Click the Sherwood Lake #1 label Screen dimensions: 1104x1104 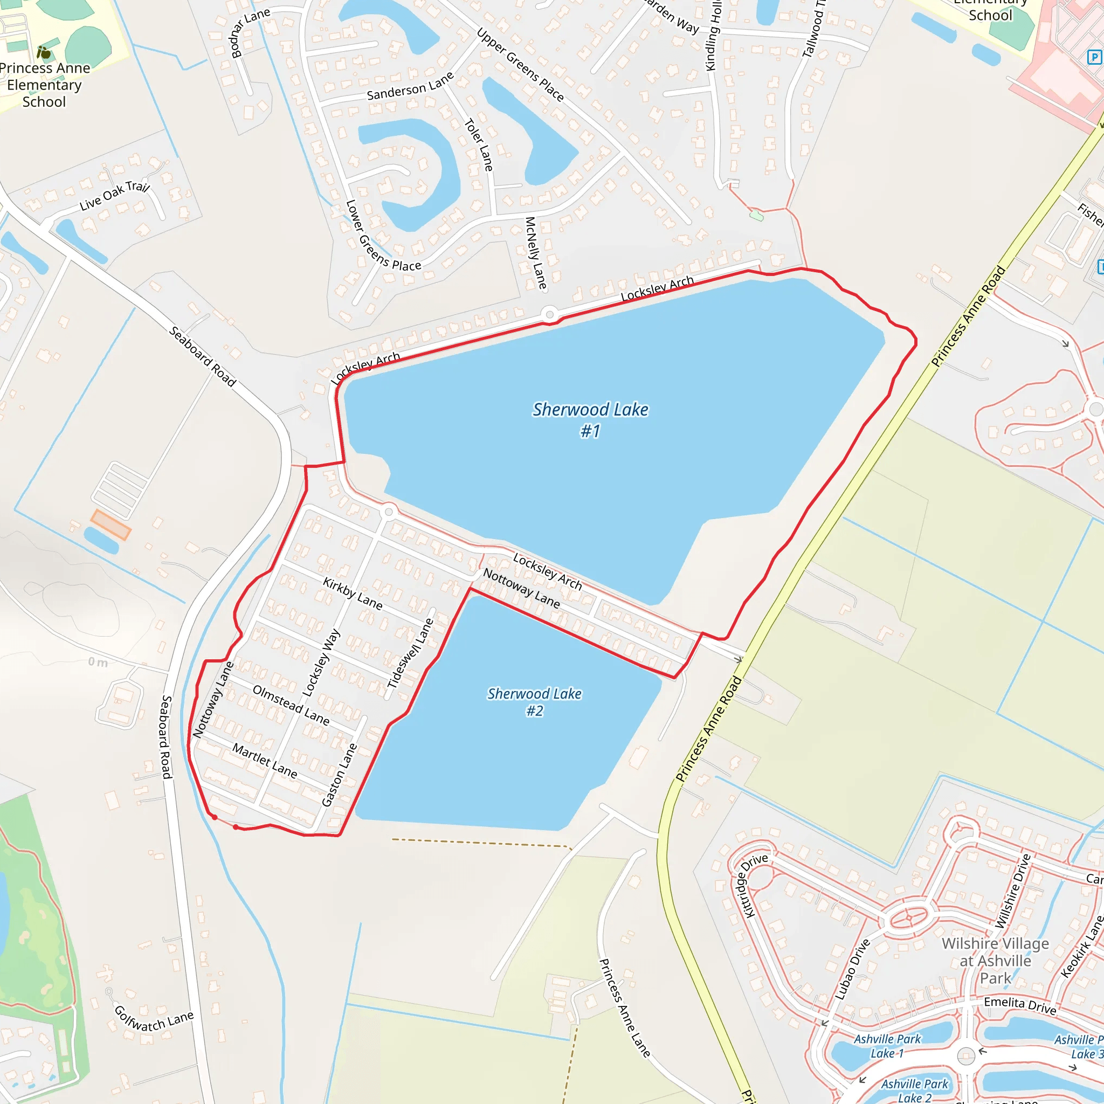590,419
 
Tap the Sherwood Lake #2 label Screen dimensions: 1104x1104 534,702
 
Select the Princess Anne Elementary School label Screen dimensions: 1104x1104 45,85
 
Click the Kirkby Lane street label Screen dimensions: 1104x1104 353,593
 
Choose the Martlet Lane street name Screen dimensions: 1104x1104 265,761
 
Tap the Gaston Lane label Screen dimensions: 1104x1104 340,775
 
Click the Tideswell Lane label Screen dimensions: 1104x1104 410,653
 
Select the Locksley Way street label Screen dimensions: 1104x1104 321,663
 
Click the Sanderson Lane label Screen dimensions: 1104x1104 410,86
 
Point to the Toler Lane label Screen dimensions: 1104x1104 478,144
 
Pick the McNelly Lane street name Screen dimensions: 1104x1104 535,253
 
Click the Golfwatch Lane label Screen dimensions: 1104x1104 154,1020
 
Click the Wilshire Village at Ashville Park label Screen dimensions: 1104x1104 995,961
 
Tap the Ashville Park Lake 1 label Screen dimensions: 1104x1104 887,1046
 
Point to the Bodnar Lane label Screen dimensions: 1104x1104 250,33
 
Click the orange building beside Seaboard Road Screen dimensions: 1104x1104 111,525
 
